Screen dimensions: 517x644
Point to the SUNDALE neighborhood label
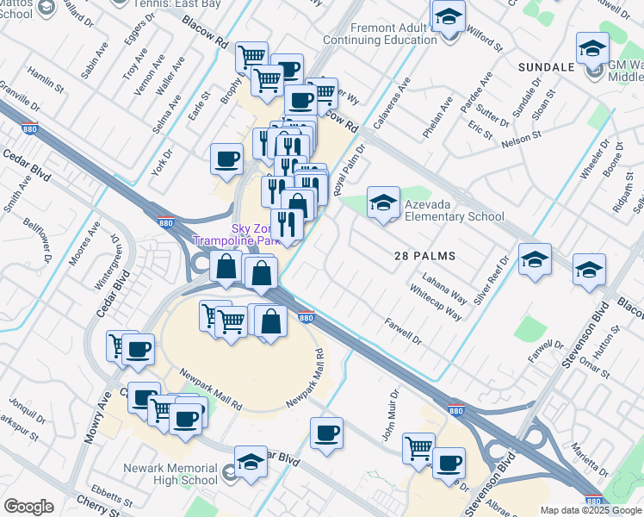click(547, 67)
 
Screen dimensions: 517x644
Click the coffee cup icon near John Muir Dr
click(326, 434)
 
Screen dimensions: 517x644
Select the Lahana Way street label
click(444, 289)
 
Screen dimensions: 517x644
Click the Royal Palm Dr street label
click(350, 171)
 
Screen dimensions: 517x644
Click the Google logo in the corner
click(28, 507)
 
